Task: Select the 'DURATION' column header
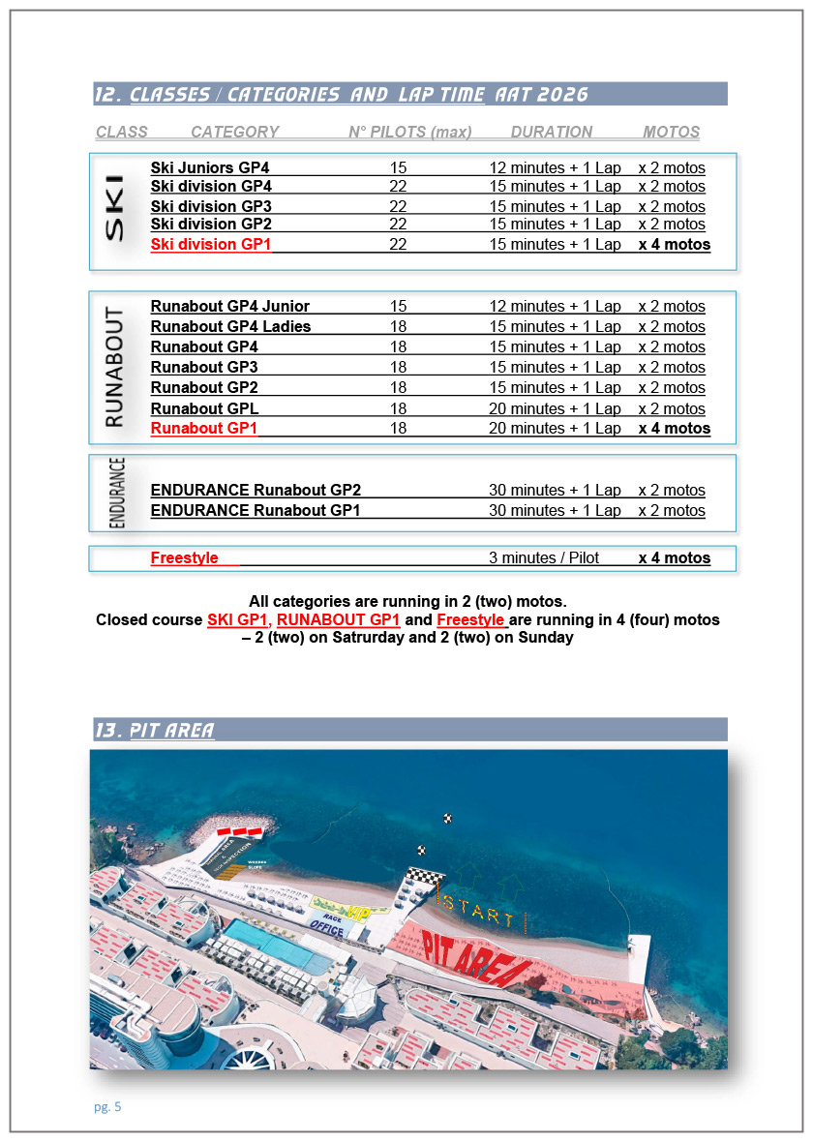point(551,132)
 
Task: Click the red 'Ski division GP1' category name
point(210,245)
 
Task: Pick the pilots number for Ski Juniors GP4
point(398,167)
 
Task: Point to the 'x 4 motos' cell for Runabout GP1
point(674,428)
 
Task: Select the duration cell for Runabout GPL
point(555,408)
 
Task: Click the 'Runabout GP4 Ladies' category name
point(230,326)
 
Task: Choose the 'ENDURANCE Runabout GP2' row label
point(256,490)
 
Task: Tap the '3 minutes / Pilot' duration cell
point(544,557)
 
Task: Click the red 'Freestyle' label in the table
point(184,557)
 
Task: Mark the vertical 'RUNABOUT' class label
point(114,367)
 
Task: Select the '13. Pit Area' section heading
point(155,730)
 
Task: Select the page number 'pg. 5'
point(107,1107)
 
